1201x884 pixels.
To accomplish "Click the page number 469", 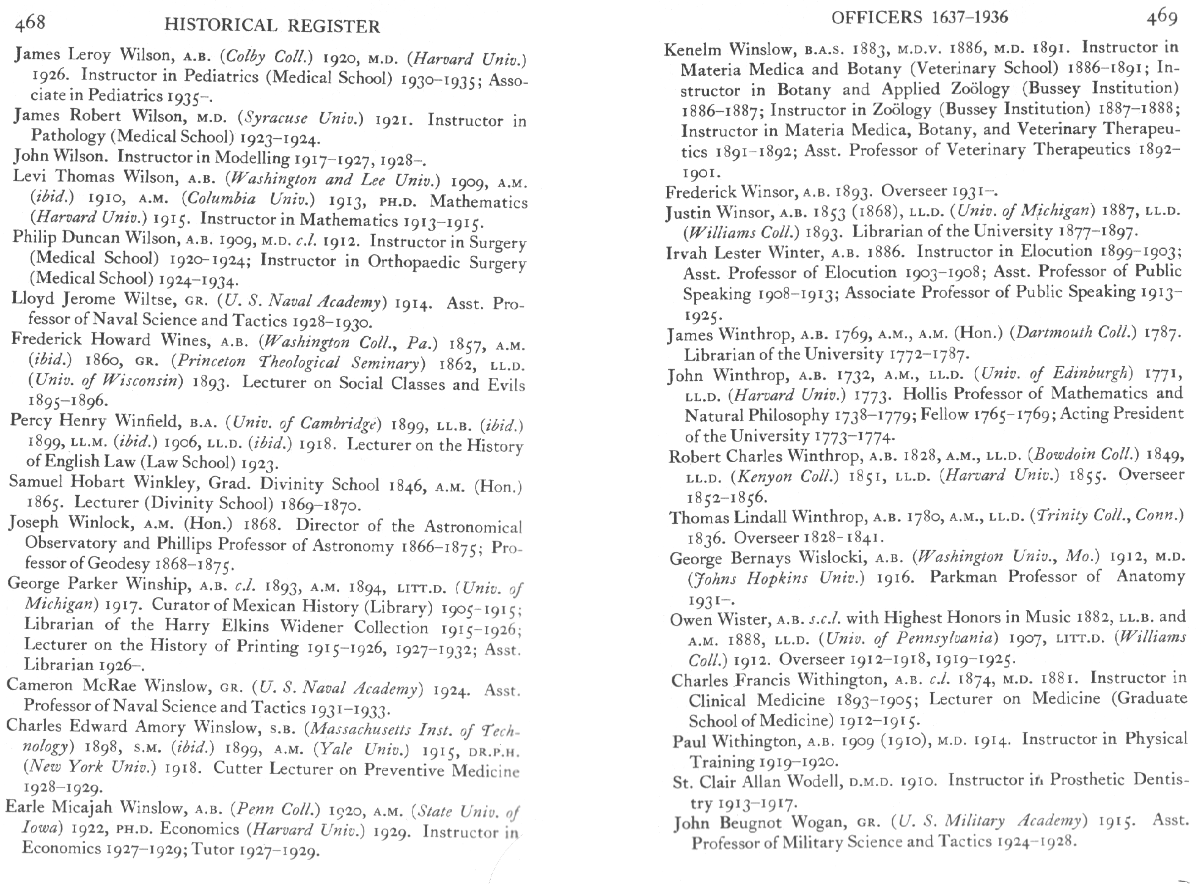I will [x=1161, y=18].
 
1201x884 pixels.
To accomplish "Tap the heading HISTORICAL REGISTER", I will [x=273, y=26].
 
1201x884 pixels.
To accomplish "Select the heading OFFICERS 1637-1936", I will [x=920, y=17].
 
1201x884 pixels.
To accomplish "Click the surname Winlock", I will [x=101, y=523].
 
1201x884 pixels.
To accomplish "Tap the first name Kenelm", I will [x=693, y=49].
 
